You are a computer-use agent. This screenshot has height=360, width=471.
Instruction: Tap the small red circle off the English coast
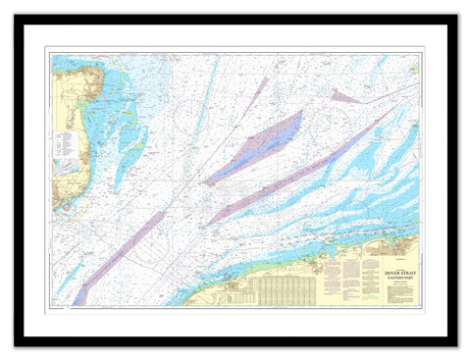66,208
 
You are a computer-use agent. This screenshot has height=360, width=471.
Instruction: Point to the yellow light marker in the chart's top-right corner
415,61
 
